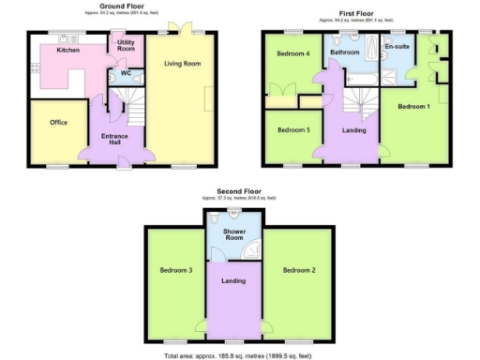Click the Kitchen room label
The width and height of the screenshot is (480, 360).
click(x=67, y=50)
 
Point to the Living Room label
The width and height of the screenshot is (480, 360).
click(x=183, y=64)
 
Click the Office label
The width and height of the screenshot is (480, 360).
click(x=58, y=123)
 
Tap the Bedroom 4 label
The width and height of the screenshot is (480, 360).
click(x=292, y=53)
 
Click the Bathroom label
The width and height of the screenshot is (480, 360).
click(x=343, y=53)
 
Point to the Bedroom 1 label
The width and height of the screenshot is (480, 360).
click(x=413, y=106)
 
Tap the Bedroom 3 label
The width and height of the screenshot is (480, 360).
click(x=175, y=270)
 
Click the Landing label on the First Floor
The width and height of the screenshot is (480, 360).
click(x=354, y=130)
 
